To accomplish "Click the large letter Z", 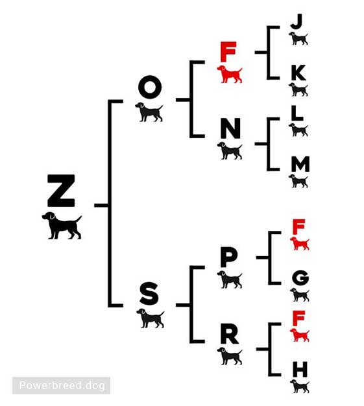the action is click(61, 191).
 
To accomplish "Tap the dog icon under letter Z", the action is click(62, 226).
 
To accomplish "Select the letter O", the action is click(150, 87).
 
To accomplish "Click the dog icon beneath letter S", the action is click(151, 318).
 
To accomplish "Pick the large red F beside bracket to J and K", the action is click(228, 52).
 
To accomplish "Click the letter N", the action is click(230, 128).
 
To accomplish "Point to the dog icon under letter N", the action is click(230, 150).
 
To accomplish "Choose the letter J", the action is click(297, 21).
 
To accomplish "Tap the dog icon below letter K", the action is click(298, 90).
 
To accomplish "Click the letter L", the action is click(297, 113).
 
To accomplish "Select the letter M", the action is click(300, 164).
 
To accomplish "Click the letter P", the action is click(229, 257).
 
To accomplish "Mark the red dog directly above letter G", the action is click(300, 244).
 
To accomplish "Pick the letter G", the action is click(300, 278).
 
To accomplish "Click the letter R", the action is click(229, 334).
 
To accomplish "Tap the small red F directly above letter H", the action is click(298, 318).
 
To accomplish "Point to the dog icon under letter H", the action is click(300, 387).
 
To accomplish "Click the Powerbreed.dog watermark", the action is click(62, 385).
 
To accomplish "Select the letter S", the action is click(149, 294).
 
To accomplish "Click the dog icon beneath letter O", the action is click(149, 112).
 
